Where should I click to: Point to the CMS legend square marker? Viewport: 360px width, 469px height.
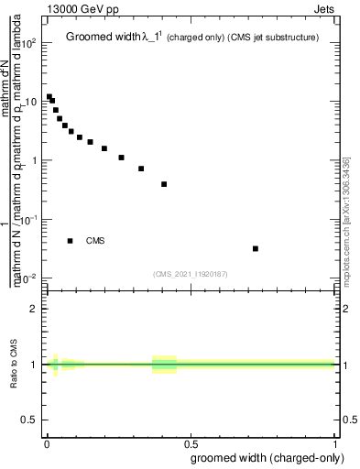tap(71, 241)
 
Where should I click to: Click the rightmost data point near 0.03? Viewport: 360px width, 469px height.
tap(256, 248)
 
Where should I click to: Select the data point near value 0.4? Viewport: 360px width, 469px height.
tap(164, 184)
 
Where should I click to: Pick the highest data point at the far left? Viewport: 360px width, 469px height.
tap(49, 96)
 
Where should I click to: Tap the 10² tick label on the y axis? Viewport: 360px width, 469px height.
tap(28, 43)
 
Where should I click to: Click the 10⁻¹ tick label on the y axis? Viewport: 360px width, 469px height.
tap(28, 220)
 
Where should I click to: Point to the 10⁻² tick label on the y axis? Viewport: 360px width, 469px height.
tap(28, 278)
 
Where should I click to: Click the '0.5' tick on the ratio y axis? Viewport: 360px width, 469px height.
tap(30, 420)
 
